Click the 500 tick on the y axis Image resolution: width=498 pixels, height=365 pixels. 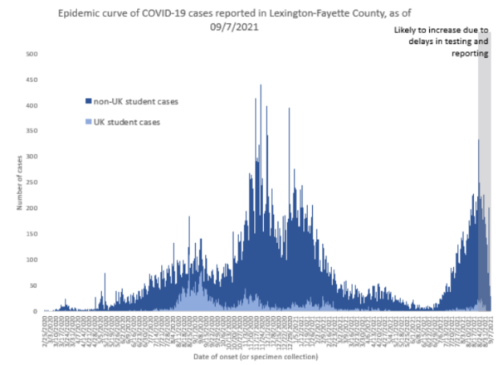tap(30, 55)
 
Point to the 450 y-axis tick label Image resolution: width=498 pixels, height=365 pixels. tap(30, 80)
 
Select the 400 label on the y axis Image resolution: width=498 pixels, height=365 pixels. tap(30, 106)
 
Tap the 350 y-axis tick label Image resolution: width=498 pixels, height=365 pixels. tap(30, 132)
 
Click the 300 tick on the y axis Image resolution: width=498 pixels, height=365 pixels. tap(30, 158)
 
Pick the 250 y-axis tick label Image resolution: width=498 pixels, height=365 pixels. tap(30, 183)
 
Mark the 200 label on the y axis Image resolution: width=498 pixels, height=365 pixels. tap(30, 209)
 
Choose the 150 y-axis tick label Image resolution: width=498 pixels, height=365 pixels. tap(30, 235)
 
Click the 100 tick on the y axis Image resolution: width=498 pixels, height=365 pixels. tap(30, 260)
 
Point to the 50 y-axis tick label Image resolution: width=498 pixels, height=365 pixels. tap(32, 286)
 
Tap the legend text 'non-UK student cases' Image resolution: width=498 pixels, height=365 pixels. tap(135, 102)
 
